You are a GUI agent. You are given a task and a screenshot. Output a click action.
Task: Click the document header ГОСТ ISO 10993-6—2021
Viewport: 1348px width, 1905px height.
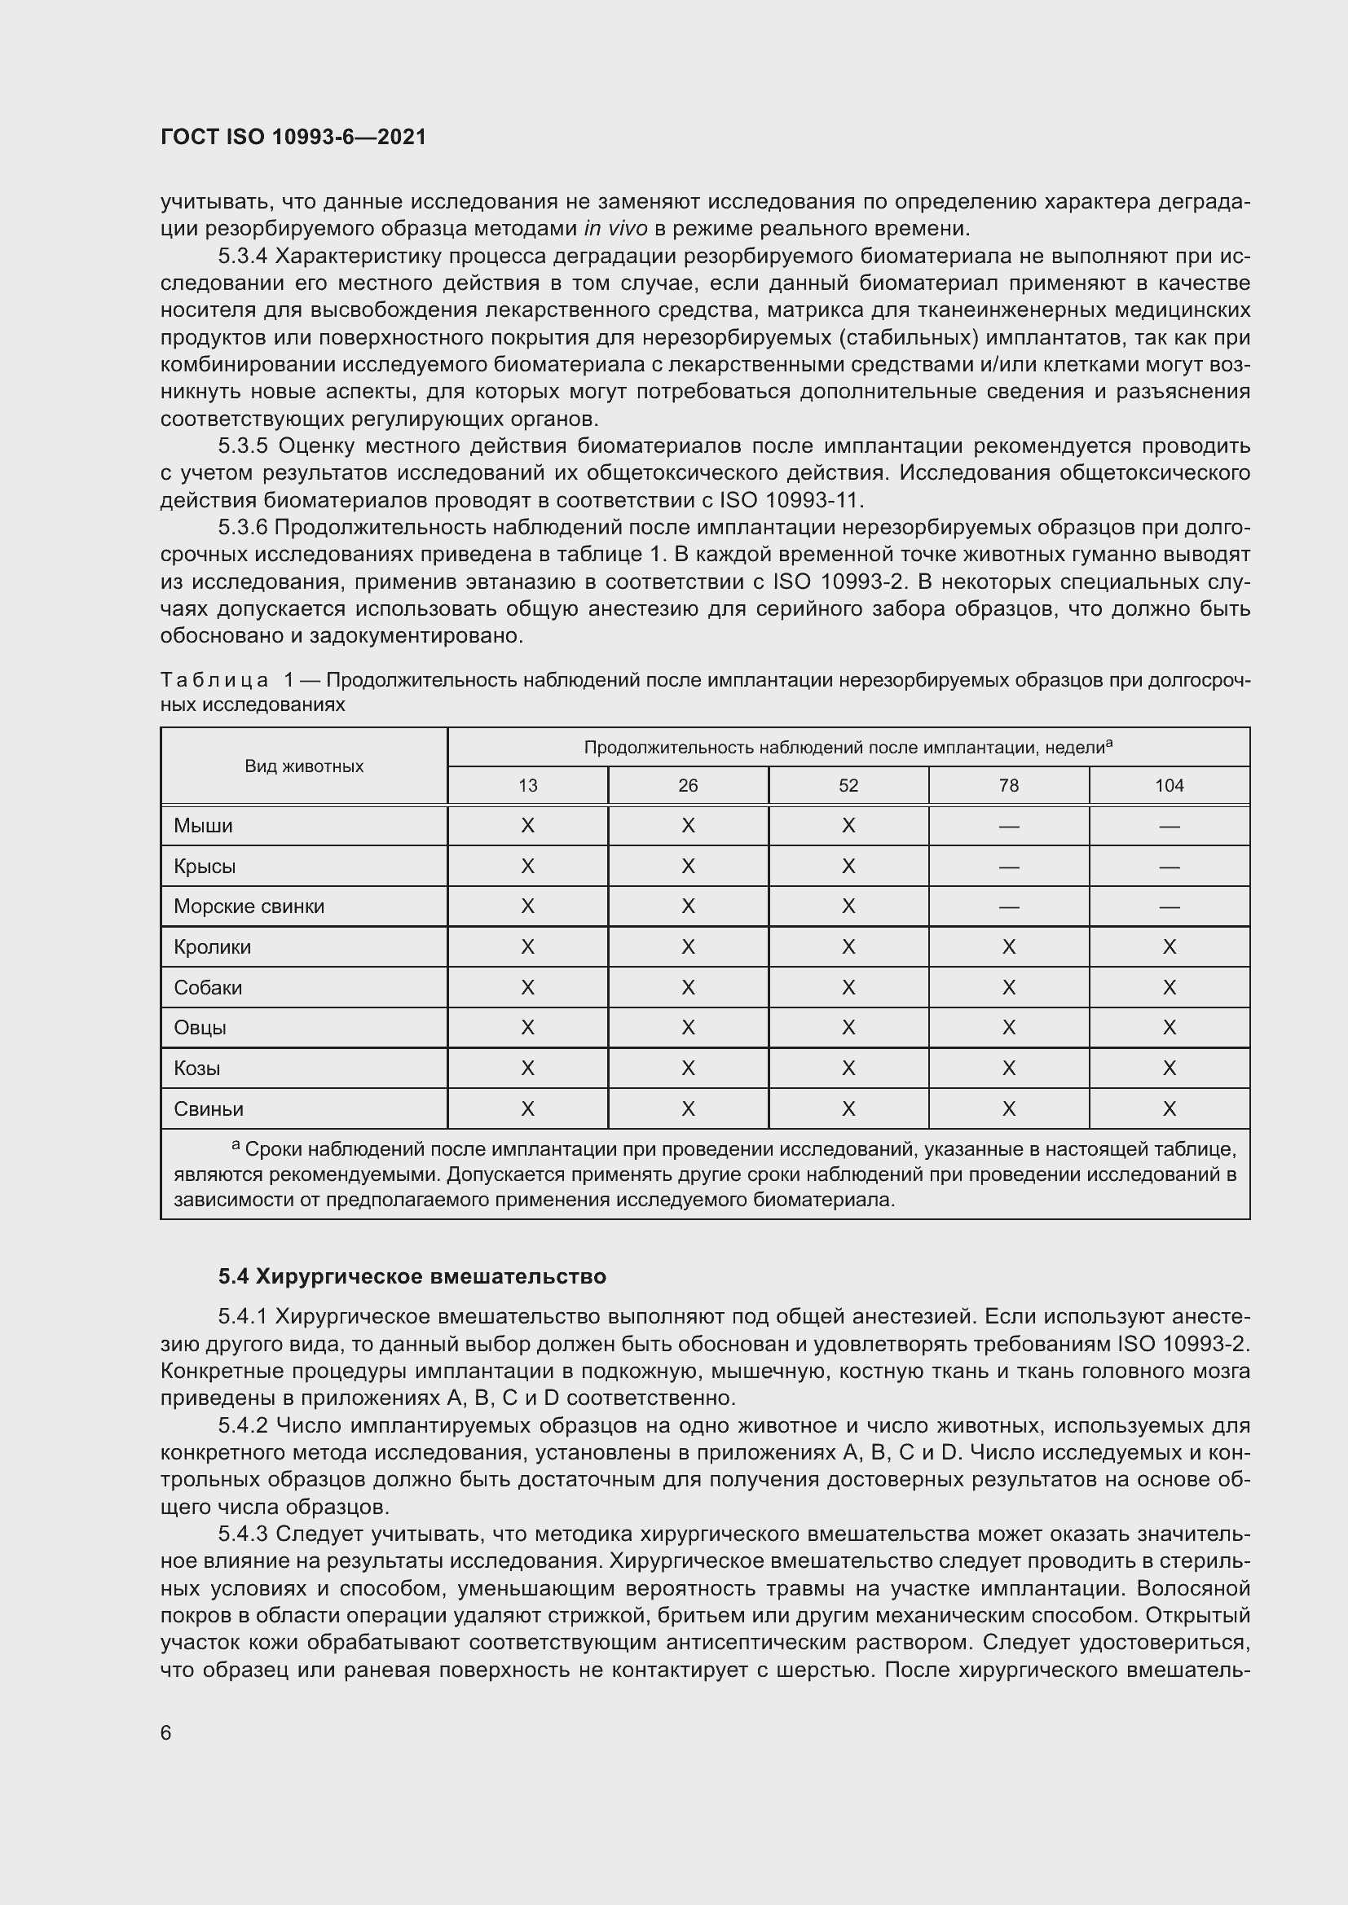[x=293, y=138]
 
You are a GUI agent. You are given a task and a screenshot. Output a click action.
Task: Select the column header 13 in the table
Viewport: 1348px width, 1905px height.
[x=527, y=786]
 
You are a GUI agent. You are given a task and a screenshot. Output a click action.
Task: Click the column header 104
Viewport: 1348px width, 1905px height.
[x=1169, y=786]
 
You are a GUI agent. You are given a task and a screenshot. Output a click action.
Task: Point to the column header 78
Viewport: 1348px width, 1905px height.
[x=1008, y=786]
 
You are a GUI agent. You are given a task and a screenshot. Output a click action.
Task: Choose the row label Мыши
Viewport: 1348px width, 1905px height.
[x=203, y=826]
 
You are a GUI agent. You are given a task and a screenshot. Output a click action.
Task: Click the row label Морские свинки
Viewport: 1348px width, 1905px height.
[x=249, y=906]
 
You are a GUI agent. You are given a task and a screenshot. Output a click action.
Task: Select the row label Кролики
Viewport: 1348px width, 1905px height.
[x=212, y=946]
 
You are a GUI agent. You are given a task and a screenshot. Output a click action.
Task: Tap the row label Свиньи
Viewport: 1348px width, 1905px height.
[x=209, y=1108]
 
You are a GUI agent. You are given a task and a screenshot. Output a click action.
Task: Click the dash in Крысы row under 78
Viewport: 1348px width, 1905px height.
[x=1008, y=867]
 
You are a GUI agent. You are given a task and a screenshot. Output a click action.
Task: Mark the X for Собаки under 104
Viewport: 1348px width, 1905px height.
[x=1169, y=987]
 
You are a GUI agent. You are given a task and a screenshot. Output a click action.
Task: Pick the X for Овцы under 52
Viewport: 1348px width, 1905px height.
[x=848, y=1027]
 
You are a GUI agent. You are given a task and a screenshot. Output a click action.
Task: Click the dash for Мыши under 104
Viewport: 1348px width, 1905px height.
[x=1169, y=827]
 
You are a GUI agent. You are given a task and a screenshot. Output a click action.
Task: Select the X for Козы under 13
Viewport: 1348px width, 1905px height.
[x=527, y=1068]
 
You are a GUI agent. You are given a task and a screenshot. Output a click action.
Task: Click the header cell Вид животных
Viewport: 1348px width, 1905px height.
[x=304, y=766]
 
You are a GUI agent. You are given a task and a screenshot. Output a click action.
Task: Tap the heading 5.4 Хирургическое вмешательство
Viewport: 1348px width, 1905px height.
[x=412, y=1276]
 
